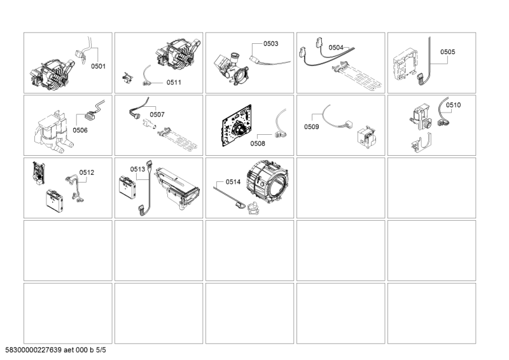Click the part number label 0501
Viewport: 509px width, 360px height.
coord(98,66)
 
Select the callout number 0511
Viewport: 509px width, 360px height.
coord(174,83)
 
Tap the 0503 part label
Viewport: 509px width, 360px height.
coord(271,43)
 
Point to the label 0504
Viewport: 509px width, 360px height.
coord(336,48)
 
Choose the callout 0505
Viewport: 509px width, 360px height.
coord(448,52)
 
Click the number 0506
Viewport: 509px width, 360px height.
coord(80,130)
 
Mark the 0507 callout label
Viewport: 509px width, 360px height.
coord(157,114)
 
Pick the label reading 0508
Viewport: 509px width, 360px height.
coord(258,143)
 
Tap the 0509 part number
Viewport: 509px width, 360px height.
coord(312,127)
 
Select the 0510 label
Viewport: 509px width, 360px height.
coord(453,105)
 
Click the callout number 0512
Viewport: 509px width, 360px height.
coord(87,172)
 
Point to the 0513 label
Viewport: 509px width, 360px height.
coord(137,169)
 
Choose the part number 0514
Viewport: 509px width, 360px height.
coord(233,182)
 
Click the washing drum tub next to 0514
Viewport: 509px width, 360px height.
coord(267,181)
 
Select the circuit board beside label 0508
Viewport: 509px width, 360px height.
coord(237,125)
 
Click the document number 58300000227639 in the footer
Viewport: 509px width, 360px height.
coord(34,350)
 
